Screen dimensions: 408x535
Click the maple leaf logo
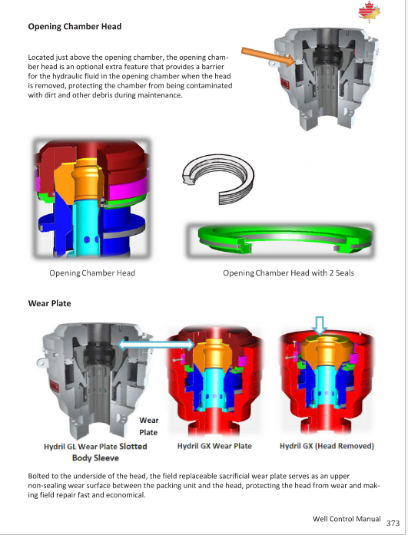click(x=369, y=12)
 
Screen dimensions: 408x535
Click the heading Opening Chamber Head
click(x=75, y=26)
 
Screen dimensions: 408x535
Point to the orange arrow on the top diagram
click(x=268, y=56)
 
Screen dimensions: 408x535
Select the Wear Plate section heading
click(x=49, y=303)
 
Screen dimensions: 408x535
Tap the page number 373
click(x=393, y=523)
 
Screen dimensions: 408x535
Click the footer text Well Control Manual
click(x=347, y=519)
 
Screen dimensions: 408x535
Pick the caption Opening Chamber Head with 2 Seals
click(x=288, y=273)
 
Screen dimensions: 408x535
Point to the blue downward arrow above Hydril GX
click(x=320, y=325)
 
